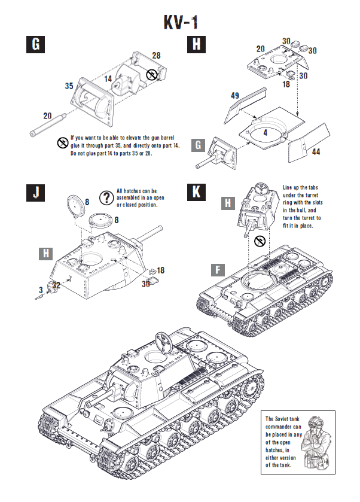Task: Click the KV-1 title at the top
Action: (180, 22)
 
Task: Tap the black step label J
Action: (36, 191)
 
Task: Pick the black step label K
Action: (197, 191)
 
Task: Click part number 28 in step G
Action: (156, 55)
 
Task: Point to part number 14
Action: (108, 78)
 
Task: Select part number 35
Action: (69, 86)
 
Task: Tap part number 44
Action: (316, 152)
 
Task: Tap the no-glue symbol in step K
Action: (259, 241)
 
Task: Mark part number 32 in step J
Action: (55, 285)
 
